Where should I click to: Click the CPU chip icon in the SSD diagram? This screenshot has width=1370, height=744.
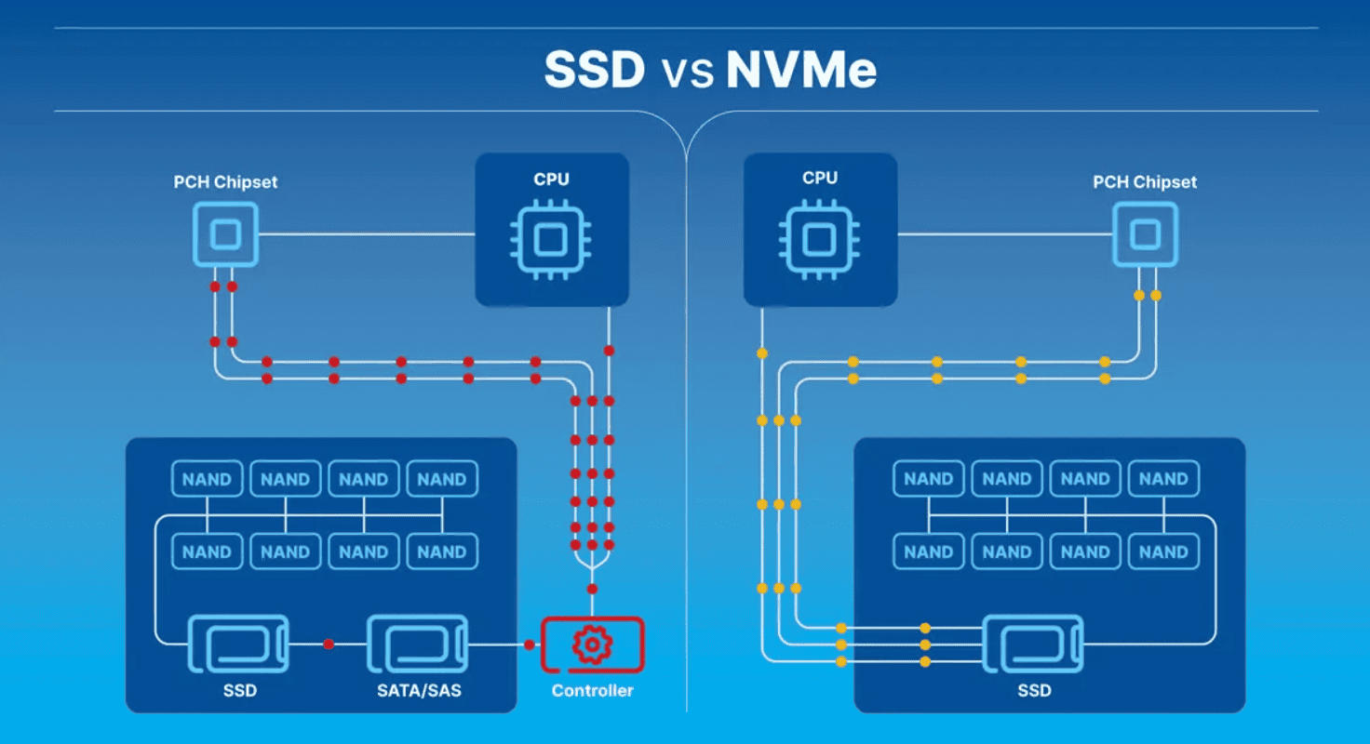click(x=551, y=238)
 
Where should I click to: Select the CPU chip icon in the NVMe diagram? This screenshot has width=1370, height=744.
click(x=819, y=238)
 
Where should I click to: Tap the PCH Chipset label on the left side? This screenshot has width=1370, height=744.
click(x=225, y=181)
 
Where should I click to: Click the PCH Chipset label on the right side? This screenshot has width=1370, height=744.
click(x=1145, y=181)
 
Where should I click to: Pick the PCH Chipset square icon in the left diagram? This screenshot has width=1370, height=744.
click(x=225, y=235)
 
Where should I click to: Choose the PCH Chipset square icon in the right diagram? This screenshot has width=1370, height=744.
click(x=1146, y=235)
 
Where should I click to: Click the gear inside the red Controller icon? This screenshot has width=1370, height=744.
click(x=592, y=644)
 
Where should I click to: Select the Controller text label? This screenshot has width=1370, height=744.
click(x=592, y=691)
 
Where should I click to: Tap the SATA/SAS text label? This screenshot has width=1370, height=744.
click(x=418, y=691)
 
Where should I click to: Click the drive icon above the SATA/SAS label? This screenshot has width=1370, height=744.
click(x=418, y=644)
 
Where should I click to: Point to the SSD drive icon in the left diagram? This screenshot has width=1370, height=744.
click(x=239, y=644)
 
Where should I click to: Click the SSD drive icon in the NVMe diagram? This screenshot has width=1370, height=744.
click(x=1034, y=644)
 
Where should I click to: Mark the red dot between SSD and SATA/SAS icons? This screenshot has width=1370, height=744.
click(x=328, y=644)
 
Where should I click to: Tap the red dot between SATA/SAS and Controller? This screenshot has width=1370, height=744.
click(x=529, y=644)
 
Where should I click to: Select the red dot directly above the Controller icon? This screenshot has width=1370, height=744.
click(x=592, y=589)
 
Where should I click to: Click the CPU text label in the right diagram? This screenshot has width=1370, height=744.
click(x=819, y=178)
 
